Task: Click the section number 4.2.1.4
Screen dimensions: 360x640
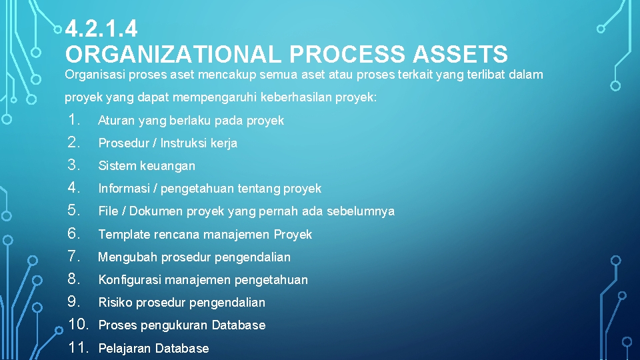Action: [101, 29]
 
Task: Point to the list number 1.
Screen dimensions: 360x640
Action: [74, 120]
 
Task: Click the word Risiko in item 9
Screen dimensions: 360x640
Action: [115, 303]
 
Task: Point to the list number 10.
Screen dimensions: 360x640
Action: [79, 325]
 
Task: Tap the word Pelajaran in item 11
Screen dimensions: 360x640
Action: [125, 349]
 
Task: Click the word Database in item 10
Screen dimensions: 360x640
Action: [238, 325]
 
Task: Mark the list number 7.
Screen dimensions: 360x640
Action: [74, 256]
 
